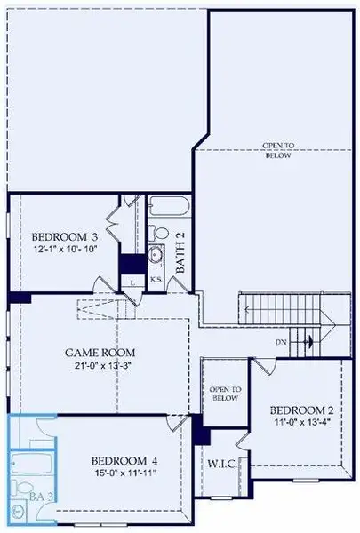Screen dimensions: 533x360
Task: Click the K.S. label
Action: point(155,280)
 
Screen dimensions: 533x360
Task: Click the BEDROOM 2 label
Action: point(300,410)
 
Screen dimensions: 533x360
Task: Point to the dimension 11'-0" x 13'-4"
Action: point(300,424)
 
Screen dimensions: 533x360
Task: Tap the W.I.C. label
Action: point(220,463)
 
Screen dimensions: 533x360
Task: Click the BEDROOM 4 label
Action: point(125,461)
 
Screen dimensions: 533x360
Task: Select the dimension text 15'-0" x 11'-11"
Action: point(125,476)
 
